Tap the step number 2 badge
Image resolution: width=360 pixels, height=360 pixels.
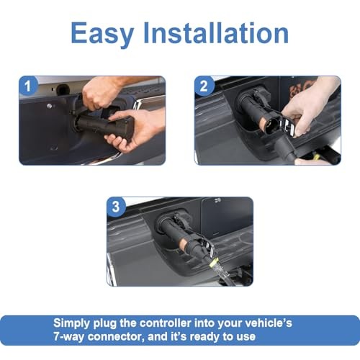tap(204, 87)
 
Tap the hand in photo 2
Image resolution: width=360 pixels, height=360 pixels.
tap(310, 108)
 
